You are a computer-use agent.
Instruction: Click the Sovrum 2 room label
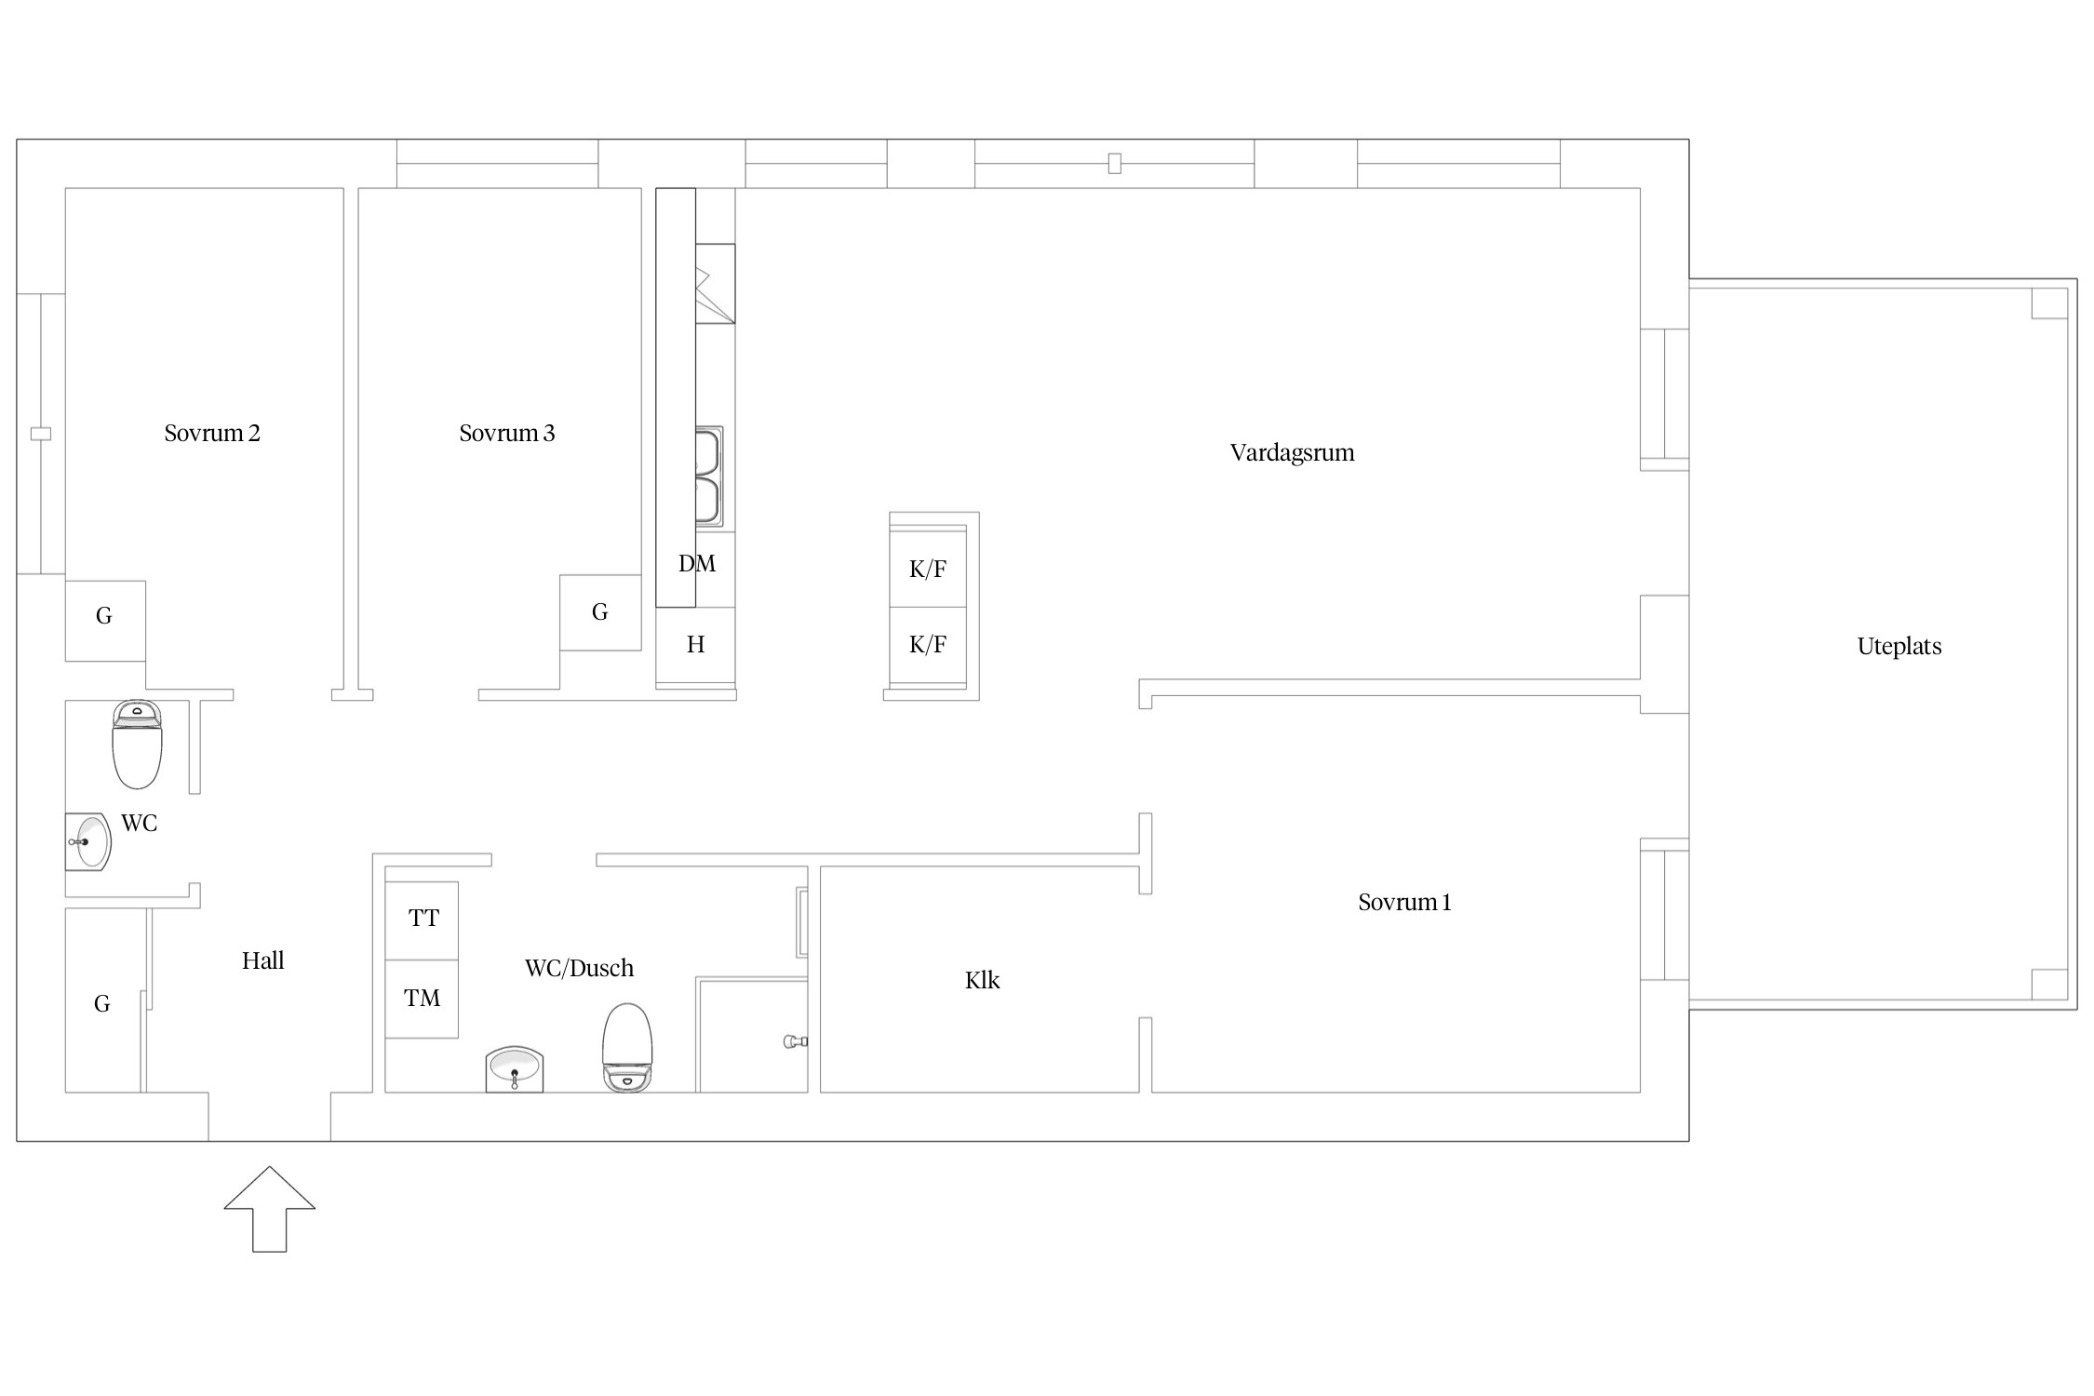click(x=212, y=433)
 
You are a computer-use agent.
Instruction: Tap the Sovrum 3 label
click(x=507, y=433)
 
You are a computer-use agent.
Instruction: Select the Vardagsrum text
click(x=1292, y=453)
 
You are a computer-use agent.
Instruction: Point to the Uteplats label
click(x=1899, y=646)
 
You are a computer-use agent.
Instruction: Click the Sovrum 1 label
click(x=1404, y=902)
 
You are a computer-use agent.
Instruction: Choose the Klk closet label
click(x=982, y=980)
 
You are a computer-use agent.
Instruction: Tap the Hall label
click(x=263, y=960)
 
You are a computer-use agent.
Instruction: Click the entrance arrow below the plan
click(x=270, y=1209)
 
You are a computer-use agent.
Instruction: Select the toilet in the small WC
click(x=137, y=745)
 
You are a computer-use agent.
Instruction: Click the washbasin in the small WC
click(x=88, y=841)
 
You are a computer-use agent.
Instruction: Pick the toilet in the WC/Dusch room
click(x=627, y=1047)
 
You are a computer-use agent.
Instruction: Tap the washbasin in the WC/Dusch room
click(x=515, y=1069)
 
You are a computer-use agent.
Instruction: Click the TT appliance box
click(x=422, y=920)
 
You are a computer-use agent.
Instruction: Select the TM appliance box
click(x=422, y=999)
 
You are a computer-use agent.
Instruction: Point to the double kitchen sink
click(x=709, y=477)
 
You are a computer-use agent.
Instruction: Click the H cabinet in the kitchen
click(x=695, y=646)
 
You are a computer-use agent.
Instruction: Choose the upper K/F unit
click(x=928, y=568)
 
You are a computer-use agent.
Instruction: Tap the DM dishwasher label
click(x=697, y=563)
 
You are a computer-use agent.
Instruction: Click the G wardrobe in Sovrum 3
click(x=600, y=612)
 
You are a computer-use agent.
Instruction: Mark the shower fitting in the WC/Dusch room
click(x=797, y=1041)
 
